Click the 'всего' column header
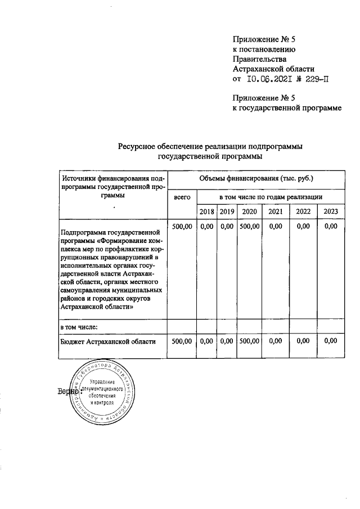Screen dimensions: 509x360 182,197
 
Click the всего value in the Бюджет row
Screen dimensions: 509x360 182,340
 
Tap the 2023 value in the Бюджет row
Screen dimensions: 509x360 331,340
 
